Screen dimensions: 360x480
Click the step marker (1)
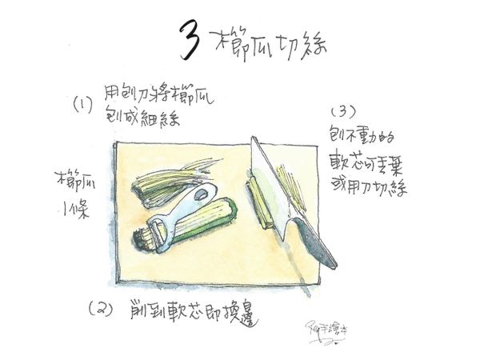[x=83, y=103]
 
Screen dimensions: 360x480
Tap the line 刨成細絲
[x=141, y=118]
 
